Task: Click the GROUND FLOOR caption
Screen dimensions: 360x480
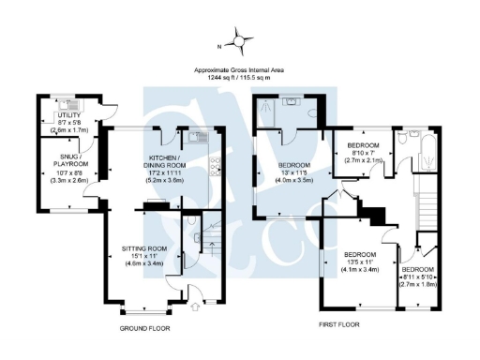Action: [145, 329]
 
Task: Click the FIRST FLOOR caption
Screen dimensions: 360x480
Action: [338, 324]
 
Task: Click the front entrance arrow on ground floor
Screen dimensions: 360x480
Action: [194, 304]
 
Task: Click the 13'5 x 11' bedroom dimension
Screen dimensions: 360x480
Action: [359, 263]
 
